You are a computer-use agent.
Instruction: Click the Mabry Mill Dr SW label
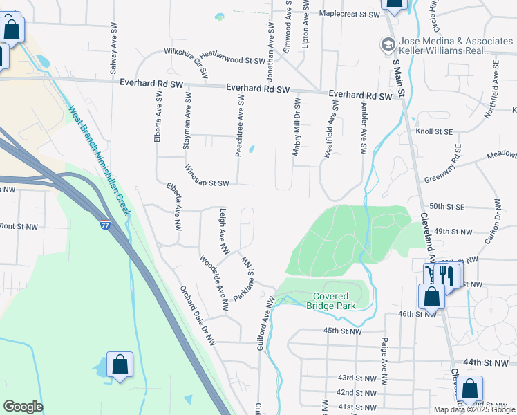point(296,131)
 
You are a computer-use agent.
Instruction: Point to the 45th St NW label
point(343,331)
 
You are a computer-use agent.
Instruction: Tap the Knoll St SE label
point(433,130)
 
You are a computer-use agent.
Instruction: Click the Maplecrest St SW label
point(350,14)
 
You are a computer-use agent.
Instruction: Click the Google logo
point(23,407)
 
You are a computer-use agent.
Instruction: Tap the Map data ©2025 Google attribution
point(474,409)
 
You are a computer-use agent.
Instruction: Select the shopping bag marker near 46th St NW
point(431,297)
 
